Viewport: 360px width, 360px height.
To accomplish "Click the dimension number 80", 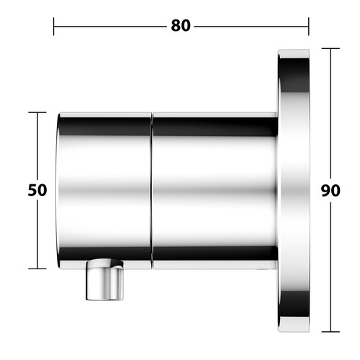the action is pyautogui.click(x=181, y=26).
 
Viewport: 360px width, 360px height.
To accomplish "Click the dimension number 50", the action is pyautogui.click(x=37, y=190).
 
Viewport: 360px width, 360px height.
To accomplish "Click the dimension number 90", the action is pyautogui.click(x=330, y=191).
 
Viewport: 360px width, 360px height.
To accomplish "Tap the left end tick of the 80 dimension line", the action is pyautogui.click(x=53, y=27).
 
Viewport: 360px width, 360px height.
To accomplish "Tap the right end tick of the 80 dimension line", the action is pyautogui.click(x=309, y=27).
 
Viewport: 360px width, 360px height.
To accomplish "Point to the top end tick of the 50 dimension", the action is pyautogui.click(x=37, y=112).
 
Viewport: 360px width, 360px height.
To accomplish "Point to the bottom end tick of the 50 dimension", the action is pyautogui.click(x=37, y=269).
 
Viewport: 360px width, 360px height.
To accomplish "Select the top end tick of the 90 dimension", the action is pyautogui.click(x=330, y=48).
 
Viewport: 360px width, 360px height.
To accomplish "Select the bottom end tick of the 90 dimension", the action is pyautogui.click(x=330, y=332).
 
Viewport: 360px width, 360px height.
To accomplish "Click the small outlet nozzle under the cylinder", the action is pyautogui.click(x=105, y=279).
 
